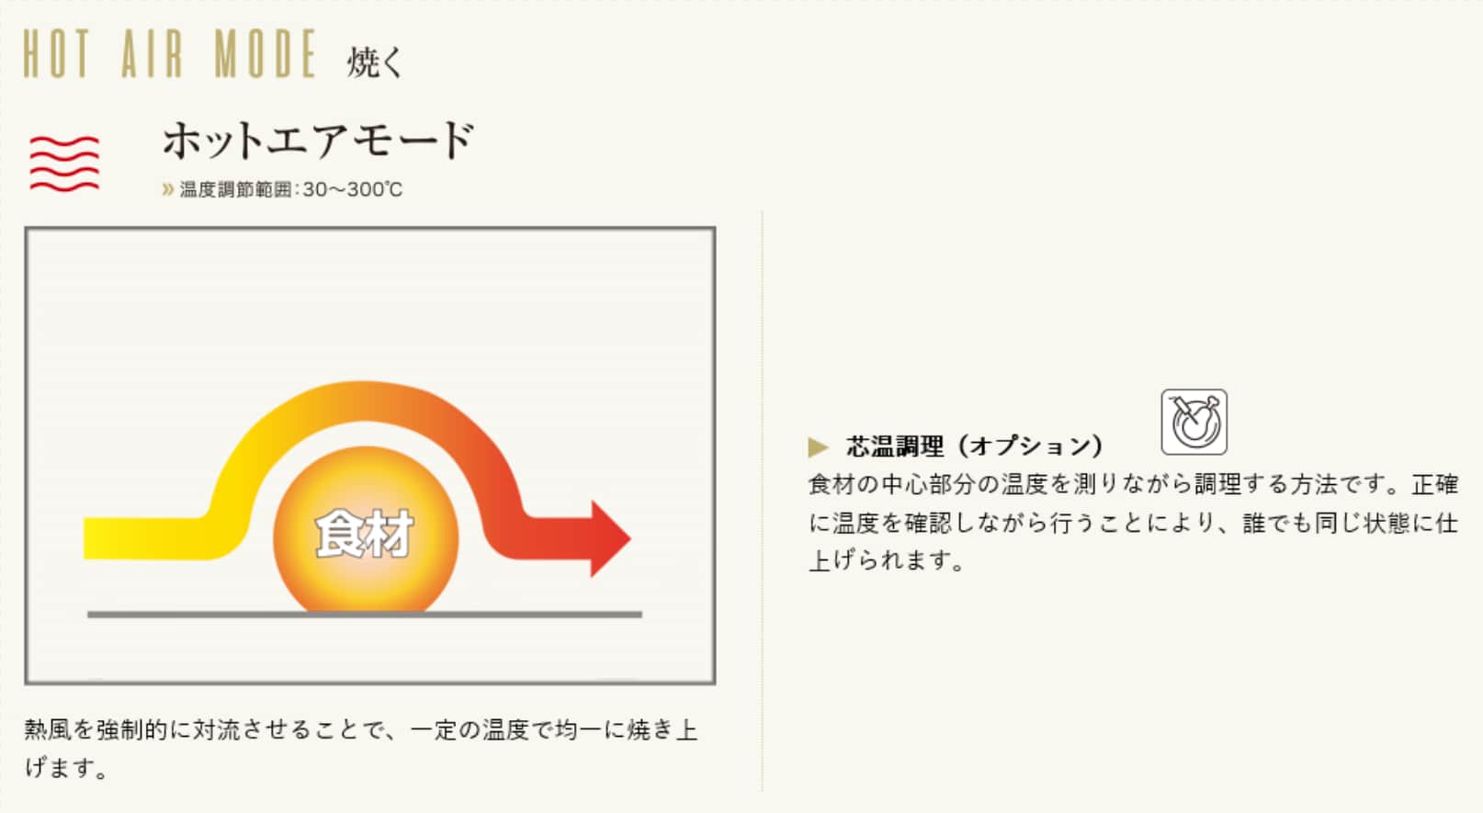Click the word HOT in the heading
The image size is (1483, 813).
56,53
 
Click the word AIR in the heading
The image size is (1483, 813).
152,53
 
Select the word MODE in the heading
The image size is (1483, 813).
266,53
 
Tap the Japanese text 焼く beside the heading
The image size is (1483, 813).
375,62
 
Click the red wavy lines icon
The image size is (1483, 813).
64,164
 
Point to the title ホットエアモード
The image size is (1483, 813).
319,141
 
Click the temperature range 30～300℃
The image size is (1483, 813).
352,190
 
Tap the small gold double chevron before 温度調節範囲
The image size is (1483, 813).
167,190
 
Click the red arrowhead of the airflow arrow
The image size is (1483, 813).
610,539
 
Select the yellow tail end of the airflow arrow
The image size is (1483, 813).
93,539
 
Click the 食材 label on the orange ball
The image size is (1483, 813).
365,534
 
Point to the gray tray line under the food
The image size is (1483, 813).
365,615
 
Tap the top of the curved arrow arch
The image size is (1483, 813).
364,401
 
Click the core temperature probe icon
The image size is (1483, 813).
1194,422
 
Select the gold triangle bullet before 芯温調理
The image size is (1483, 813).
819,446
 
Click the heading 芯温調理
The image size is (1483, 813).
894,446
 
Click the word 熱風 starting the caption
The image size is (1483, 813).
49,729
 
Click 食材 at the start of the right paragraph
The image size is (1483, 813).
832,485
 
